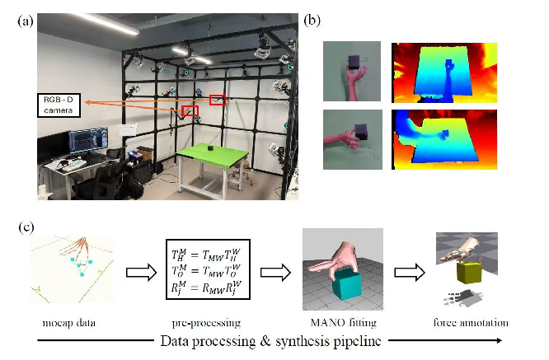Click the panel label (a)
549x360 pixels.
25,22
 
